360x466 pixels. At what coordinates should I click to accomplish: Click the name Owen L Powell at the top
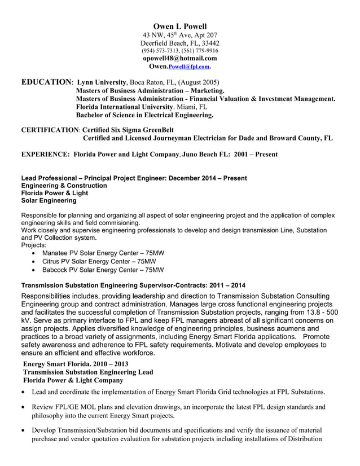point(180,26)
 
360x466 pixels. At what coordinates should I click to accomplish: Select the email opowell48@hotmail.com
point(180,58)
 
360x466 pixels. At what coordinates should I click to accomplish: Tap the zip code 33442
point(210,43)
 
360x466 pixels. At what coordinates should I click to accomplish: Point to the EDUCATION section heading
point(46,82)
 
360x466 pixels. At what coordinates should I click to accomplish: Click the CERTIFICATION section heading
point(50,129)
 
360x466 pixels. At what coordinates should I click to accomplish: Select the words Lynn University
point(101,82)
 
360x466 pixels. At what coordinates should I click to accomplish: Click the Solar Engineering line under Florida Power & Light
point(49,200)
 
